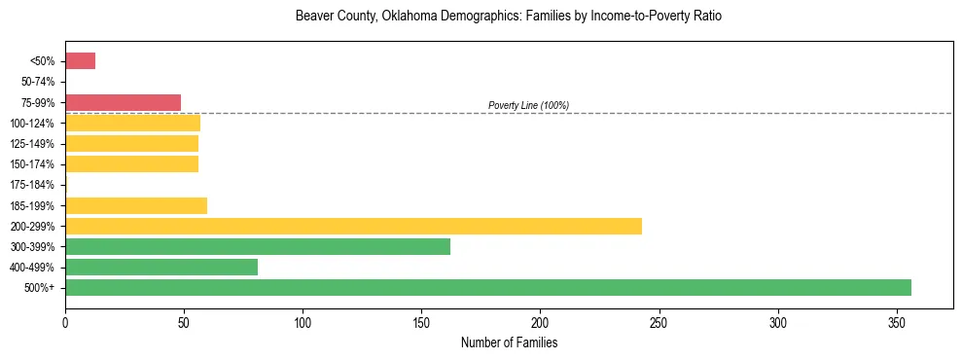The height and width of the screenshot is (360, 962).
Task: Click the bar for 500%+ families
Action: (487, 287)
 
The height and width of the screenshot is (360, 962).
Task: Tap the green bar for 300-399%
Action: (258, 246)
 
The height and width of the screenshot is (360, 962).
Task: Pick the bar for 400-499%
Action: (161, 267)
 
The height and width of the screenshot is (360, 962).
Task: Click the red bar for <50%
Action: (80, 61)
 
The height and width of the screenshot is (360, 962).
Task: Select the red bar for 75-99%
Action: (123, 102)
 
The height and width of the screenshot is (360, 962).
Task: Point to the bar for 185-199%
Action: (136, 205)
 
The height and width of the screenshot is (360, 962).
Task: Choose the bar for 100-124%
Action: (132, 123)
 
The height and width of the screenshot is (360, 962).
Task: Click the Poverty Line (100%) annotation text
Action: (528, 105)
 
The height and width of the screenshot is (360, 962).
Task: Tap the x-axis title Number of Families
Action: (509, 342)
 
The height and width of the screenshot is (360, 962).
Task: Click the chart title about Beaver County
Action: (509, 17)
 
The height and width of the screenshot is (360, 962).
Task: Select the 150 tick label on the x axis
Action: (421, 321)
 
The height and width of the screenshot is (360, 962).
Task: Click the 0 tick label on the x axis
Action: (65, 321)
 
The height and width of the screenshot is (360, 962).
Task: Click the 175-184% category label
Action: (34, 185)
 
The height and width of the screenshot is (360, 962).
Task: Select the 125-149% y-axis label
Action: (34, 144)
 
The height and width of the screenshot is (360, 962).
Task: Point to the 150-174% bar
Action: (131, 163)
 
